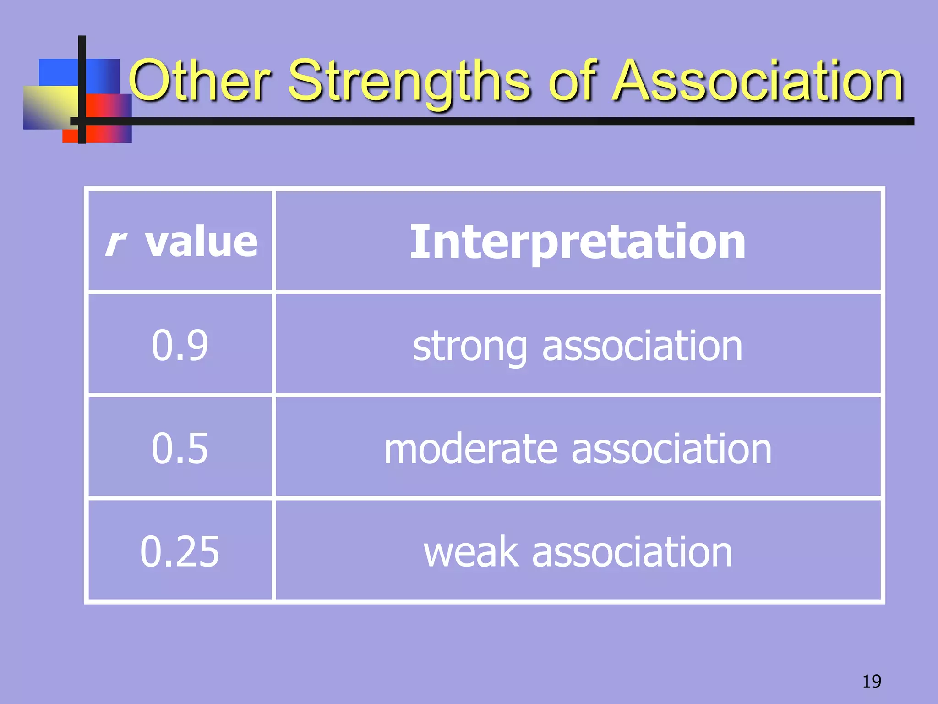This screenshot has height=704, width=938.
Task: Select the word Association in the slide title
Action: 758,81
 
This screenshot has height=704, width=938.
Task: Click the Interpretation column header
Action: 578,242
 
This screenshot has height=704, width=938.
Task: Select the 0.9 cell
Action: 180,345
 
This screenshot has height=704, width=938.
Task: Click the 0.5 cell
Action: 180,448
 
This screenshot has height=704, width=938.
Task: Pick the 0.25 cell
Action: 180,551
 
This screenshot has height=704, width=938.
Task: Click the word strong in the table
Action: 470,346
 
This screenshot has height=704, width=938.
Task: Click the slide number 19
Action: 872,682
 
